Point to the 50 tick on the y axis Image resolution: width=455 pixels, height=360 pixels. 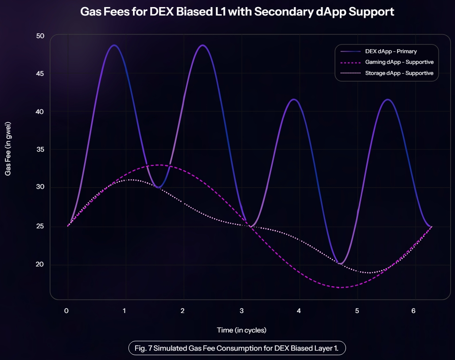click(40, 36)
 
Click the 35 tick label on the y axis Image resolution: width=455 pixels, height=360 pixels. click(40, 149)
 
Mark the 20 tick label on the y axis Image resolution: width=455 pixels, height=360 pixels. click(40, 265)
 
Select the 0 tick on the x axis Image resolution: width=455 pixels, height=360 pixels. click(66, 311)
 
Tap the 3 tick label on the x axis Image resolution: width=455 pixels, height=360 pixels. click(241, 311)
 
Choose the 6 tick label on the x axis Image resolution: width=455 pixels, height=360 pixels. click(414, 311)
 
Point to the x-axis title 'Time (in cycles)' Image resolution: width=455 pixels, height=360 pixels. click(241, 330)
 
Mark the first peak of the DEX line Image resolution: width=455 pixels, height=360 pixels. click(114, 45)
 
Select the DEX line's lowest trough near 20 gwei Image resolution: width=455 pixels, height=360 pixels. click(340, 264)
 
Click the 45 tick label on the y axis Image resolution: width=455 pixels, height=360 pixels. click(40, 74)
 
